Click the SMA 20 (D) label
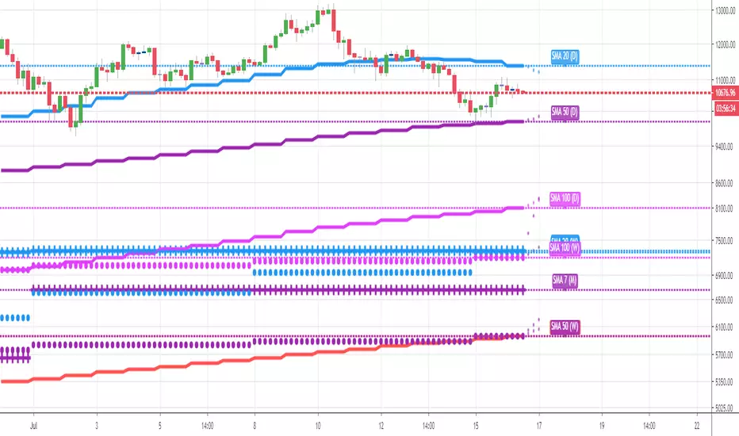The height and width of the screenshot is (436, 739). pos(565,55)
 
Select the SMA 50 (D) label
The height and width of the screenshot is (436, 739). pos(565,112)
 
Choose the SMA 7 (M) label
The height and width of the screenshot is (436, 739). pos(565,281)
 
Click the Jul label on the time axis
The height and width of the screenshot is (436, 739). pos(34,425)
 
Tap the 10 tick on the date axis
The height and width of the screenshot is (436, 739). pos(317,425)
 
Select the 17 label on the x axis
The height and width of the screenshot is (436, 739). pos(538,425)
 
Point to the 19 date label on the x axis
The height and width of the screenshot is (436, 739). pos(602,425)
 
